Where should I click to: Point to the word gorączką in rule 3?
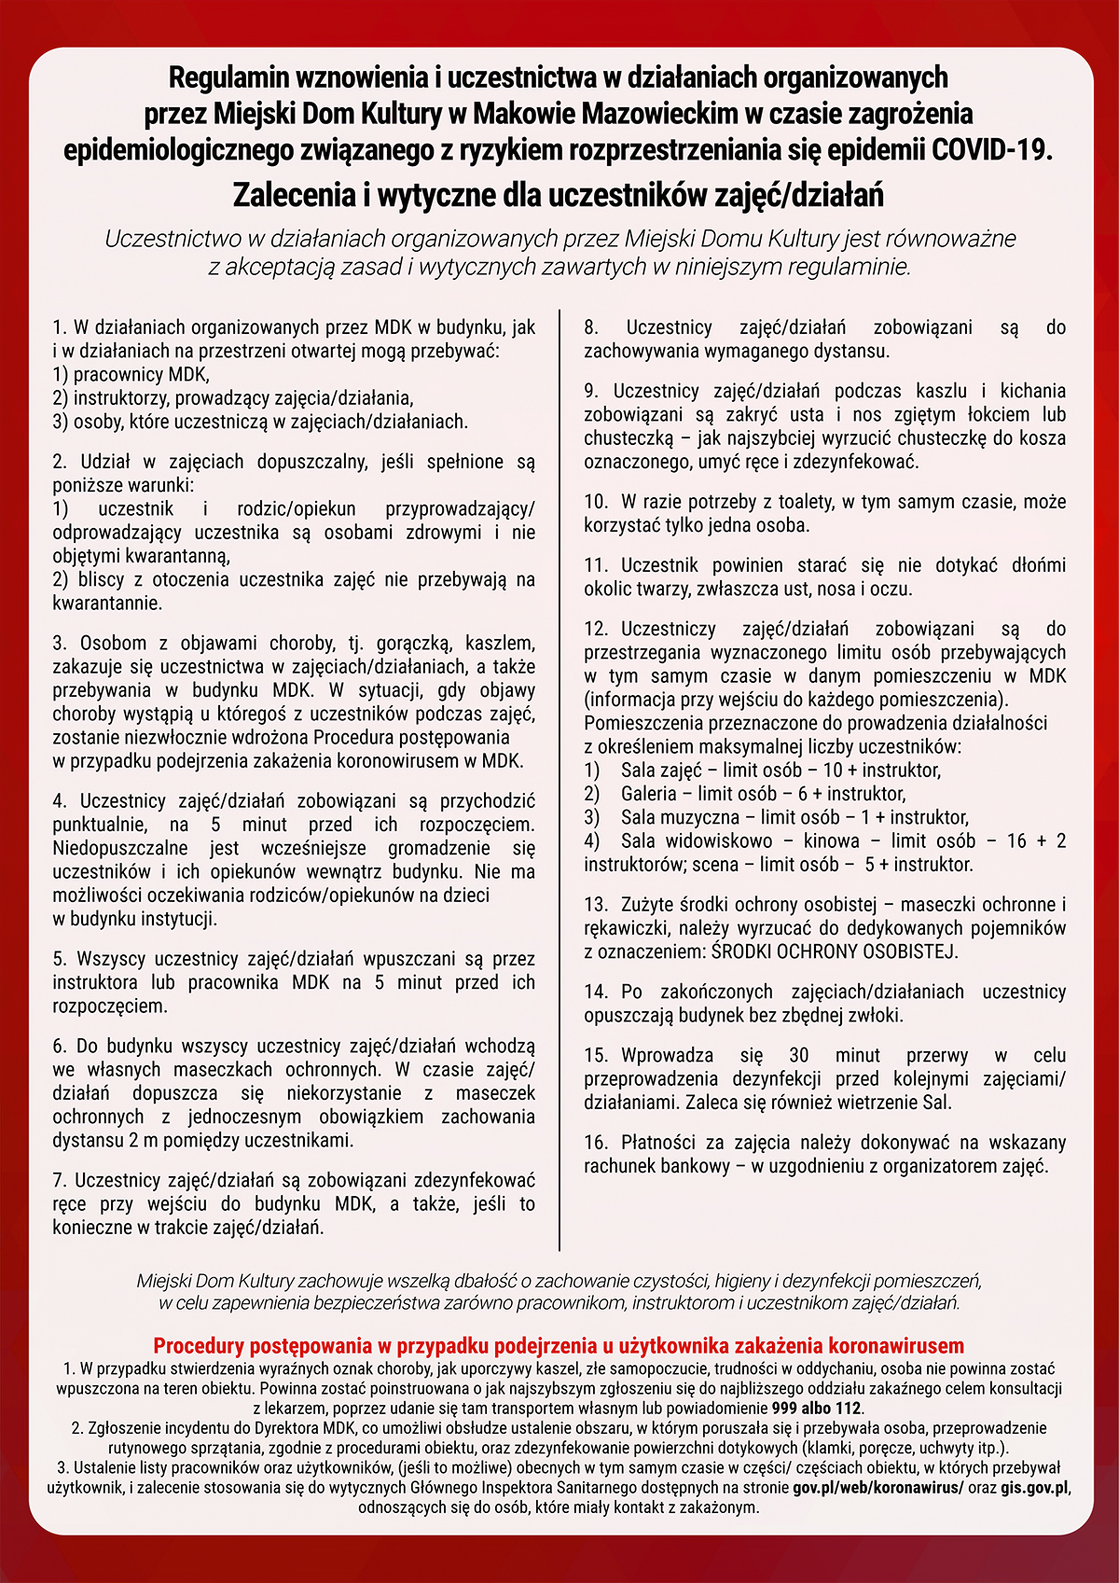(411, 644)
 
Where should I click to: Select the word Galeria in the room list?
(648, 794)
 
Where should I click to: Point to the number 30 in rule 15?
(799, 1055)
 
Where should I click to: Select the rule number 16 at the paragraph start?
(596, 1143)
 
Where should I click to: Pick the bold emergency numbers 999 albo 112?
(817, 1408)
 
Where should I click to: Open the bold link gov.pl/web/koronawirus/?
(877, 1487)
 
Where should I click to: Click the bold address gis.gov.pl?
(1034, 1487)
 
